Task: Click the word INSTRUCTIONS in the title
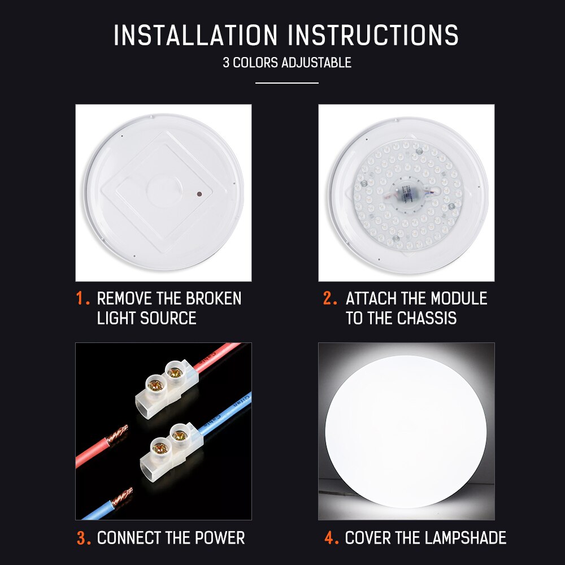click(373, 35)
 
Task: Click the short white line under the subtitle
click(286, 83)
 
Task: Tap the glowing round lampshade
click(406, 432)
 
